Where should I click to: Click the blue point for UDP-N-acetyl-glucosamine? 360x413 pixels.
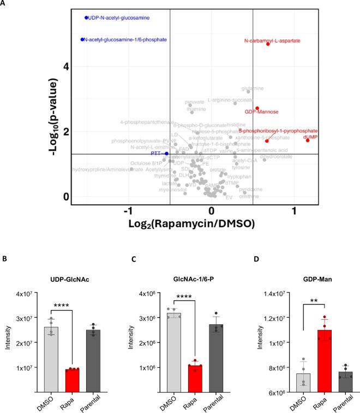(x=86, y=18)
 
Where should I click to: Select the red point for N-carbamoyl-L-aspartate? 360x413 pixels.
(x=268, y=44)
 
